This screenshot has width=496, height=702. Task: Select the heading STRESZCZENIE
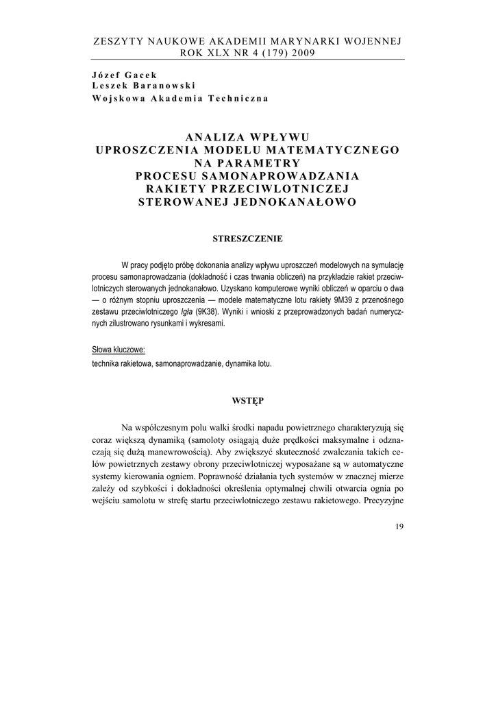click(247, 239)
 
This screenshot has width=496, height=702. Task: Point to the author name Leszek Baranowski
click(143, 85)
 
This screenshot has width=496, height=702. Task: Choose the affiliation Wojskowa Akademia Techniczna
click(179, 97)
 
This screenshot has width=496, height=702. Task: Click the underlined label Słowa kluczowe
click(118, 350)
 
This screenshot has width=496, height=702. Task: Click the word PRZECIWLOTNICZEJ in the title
click(281, 189)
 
